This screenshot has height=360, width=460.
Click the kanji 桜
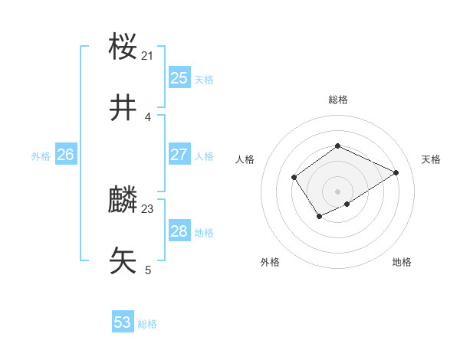click(x=123, y=47)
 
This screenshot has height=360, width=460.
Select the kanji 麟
click(x=123, y=201)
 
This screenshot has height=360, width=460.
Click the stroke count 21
click(x=148, y=55)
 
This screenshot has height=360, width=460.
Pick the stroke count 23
click(x=148, y=208)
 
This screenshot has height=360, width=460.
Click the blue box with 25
click(x=179, y=77)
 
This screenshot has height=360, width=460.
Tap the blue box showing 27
click(x=179, y=154)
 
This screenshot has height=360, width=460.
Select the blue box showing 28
click(x=179, y=231)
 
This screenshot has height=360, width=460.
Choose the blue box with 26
click(x=65, y=155)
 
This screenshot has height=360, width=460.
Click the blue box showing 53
click(x=123, y=322)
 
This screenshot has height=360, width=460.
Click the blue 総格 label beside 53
click(x=147, y=324)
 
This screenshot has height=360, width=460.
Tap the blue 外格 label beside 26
click(x=41, y=156)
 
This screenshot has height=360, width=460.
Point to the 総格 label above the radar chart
click(x=337, y=100)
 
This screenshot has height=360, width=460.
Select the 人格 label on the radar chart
click(x=245, y=159)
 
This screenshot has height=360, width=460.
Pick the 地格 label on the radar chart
click(x=402, y=262)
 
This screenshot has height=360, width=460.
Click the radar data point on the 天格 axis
click(x=396, y=172)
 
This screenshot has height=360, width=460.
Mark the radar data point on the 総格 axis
click(x=337, y=146)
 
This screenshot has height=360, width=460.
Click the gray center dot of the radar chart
click(x=337, y=191)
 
